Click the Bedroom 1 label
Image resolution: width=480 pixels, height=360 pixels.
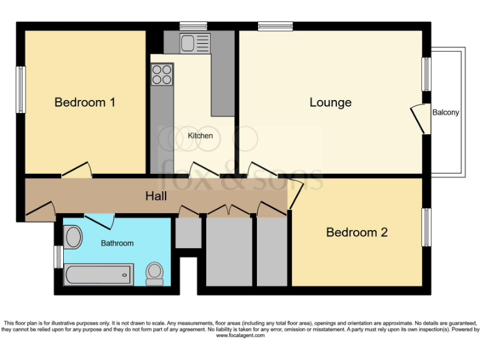tap(84, 102)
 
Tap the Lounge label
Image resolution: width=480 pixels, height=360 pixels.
tap(330, 102)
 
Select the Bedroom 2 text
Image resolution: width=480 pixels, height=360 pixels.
tap(357, 232)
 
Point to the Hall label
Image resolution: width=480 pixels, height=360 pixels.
tap(156, 196)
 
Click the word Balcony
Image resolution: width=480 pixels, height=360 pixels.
tap(446, 112)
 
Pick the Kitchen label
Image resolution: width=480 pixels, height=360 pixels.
tap(200, 136)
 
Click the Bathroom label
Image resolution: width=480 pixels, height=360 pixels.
tap(117, 243)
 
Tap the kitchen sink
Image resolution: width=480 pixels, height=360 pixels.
tap(188, 43)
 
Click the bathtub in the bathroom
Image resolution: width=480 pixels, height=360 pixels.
tap(99, 274)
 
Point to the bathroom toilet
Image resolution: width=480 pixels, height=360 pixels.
tap(154, 273)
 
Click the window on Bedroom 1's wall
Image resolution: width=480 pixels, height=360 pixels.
tap(21, 90)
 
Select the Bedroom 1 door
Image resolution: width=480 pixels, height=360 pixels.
tap(78, 170)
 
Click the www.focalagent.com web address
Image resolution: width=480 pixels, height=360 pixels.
tap(240, 336)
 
